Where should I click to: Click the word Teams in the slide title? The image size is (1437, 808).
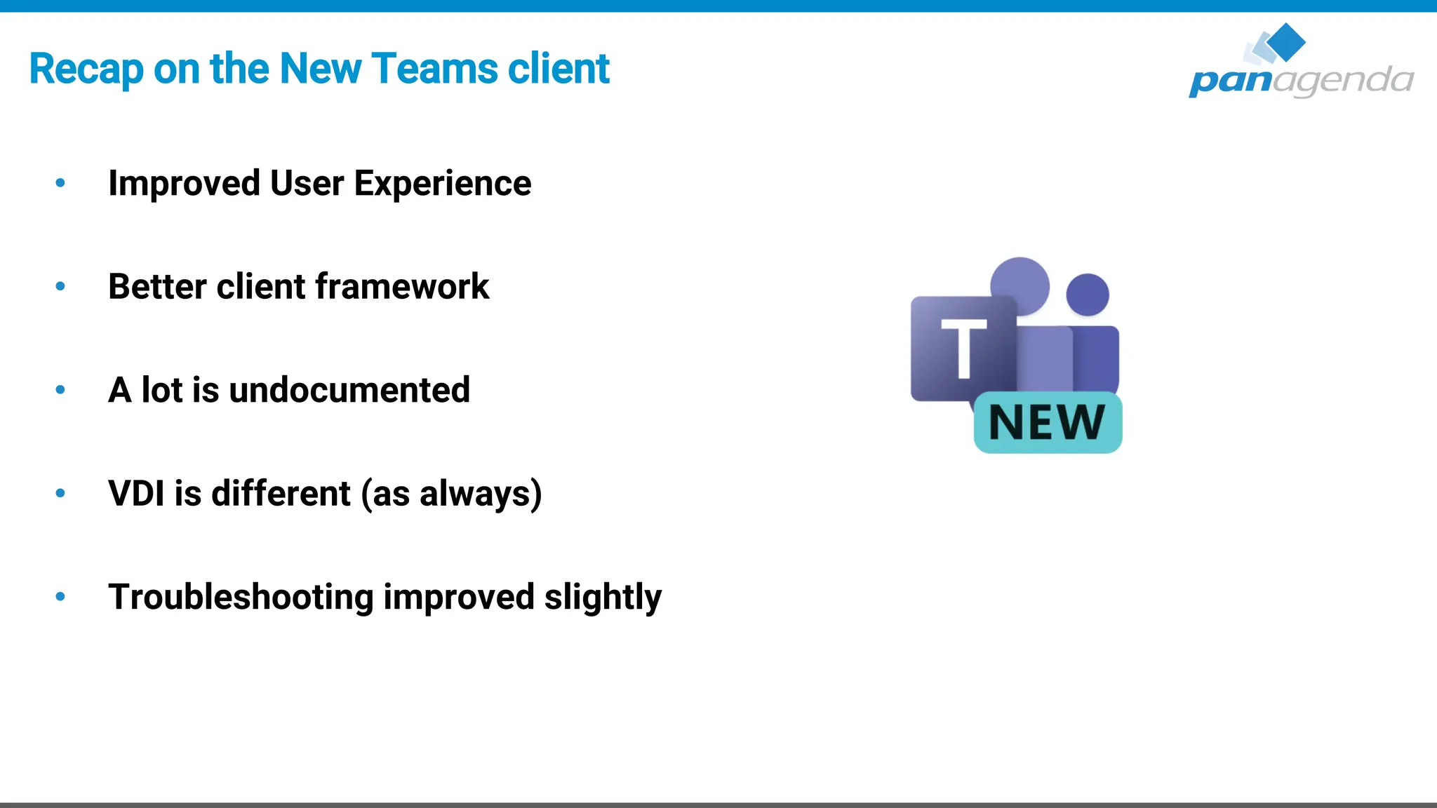[436, 69]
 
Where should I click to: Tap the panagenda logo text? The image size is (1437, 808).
[1300, 80]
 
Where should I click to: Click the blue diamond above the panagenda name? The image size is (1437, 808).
[1285, 42]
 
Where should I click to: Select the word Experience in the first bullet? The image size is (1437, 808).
[442, 184]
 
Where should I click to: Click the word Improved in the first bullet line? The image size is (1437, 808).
[184, 184]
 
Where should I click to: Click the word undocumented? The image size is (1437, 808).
[349, 390]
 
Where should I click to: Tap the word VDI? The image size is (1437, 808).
[136, 493]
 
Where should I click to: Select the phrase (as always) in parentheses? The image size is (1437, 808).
[451, 494]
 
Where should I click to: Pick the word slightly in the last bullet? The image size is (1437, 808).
[603, 598]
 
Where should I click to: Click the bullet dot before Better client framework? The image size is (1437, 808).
[60, 286]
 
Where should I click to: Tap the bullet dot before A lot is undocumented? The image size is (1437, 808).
[60, 389]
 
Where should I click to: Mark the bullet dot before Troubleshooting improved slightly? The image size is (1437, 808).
[60, 597]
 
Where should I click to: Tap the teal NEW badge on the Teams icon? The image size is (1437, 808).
[1048, 422]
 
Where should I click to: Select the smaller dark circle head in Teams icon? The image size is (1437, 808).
[1088, 295]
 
